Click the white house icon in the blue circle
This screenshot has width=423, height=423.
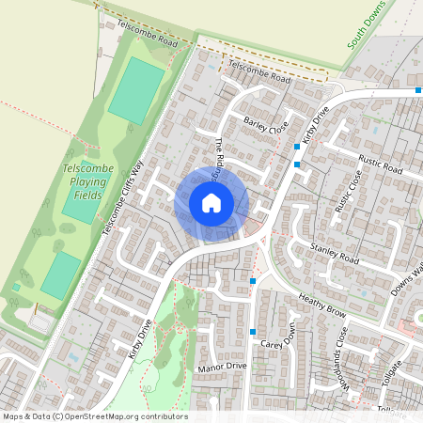tap(211, 203)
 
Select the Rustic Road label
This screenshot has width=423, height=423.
tap(381, 166)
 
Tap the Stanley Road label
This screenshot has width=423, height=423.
tap(334, 252)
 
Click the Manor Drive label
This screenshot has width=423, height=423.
tap(223, 366)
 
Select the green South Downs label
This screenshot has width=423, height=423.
tap(367, 25)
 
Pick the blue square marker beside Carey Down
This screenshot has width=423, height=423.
tap(253, 331)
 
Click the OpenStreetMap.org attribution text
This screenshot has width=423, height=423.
tap(122, 416)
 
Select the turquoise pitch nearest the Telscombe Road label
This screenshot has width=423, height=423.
tap(135, 88)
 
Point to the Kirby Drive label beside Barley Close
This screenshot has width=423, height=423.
tap(311, 125)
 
